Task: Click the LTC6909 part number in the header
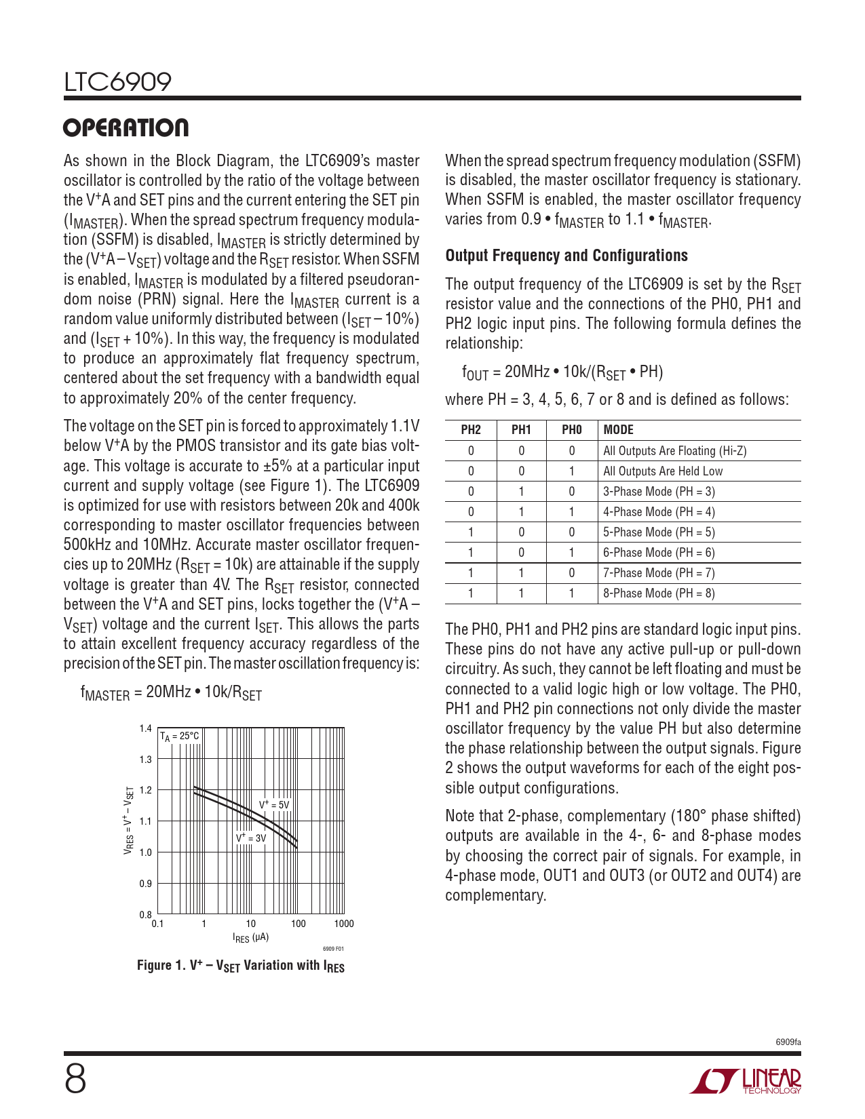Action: pyautogui.click(x=118, y=82)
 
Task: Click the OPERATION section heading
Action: pyautogui.click(x=126, y=128)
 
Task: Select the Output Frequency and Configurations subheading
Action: pyautogui.click(x=566, y=256)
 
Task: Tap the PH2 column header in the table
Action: pyautogui.click(x=471, y=430)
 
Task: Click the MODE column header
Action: pyautogui.click(x=619, y=430)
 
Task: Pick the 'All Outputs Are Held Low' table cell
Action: pyautogui.click(x=663, y=471)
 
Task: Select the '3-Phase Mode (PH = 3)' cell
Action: pyautogui.click(x=659, y=492)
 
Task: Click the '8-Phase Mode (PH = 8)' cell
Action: pyautogui.click(x=659, y=593)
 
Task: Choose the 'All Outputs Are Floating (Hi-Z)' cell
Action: pyautogui.click(x=674, y=451)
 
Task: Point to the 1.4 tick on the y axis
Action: pyautogui.click(x=146, y=729)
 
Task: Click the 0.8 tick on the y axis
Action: pyautogui.click(x=146, y=915)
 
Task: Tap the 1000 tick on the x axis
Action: pyautogui.click(x=344, y=924)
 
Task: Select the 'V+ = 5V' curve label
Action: pyautogui.click(x=274, y=805)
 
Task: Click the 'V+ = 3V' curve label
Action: pyautogui.click(x=251, y=838)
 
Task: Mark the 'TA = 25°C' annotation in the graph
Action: pyautogui.click(x=180, y=737)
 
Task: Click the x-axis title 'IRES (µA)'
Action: pyautogui.click(x=251, y=938)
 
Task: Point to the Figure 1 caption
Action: pyautogui.click(x=241, y=966)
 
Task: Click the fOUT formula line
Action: pyautogui.click(x=562, y=372)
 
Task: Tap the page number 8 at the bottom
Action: pyautogui.click(x=75, y=1079)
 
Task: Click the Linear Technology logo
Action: pyautogui.click(x=746, y=1081)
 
